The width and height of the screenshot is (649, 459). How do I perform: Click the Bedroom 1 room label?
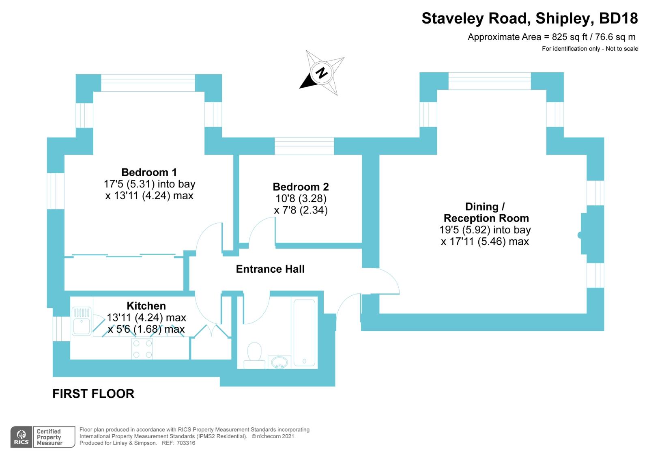click(149, 172)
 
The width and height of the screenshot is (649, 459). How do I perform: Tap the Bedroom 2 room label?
click(301, 187)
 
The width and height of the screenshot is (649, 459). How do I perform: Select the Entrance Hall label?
click(270, 269)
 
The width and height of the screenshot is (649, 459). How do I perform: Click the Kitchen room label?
click(146, 306)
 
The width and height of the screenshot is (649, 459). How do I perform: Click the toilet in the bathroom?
click(254, 352)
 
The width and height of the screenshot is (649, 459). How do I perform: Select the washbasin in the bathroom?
click(278, 361)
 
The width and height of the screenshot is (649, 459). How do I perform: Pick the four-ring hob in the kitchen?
click(142, 349)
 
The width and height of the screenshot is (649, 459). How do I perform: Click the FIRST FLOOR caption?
click(93, 394)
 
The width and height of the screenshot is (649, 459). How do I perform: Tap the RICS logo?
click(21, 437)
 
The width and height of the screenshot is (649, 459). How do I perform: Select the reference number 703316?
click(185, 443)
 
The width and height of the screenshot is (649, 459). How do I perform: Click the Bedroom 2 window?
click(304, 146)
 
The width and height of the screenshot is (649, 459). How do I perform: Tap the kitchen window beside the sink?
click(61, 329)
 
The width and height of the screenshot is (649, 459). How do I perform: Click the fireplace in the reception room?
click(584, 235)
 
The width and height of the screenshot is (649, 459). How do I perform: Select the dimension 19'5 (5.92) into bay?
click(485, 230)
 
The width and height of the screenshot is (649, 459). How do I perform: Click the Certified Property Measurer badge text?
click(49, 437)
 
